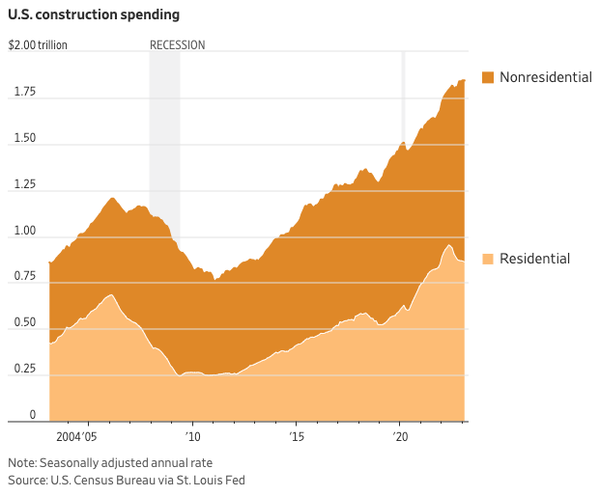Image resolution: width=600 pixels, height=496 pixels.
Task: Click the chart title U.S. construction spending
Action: coord(93,15)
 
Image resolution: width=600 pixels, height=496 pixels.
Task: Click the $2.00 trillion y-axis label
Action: coord(38,45)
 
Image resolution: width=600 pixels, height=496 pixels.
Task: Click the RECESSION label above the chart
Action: coord(177,45)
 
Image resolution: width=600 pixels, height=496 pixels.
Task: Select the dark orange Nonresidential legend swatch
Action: coord(487,77)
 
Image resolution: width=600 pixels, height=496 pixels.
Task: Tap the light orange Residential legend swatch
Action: coord(487,259)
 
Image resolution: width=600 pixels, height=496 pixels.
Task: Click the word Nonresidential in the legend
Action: coord(545,77)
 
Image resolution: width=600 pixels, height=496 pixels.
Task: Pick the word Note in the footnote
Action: coord(22,462)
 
